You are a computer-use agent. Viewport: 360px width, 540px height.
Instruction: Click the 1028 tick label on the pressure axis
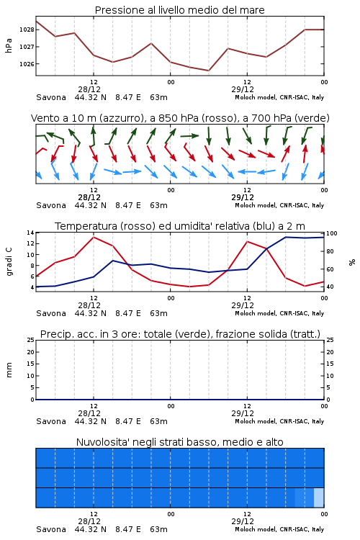tap(27, 30)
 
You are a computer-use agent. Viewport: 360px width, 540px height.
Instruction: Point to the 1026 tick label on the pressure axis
tap(27, 64)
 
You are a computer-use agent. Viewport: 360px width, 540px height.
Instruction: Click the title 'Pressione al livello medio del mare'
tap(180, 10)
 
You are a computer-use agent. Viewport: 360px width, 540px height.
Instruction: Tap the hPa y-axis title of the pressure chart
tap(9, 45)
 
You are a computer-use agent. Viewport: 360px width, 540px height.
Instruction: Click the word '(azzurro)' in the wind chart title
tap(122, 119)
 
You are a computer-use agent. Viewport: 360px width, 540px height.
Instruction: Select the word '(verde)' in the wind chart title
tap(313, 119)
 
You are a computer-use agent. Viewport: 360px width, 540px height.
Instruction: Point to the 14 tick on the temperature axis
tap(31, 233)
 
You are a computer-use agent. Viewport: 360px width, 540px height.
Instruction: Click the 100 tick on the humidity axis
tap(332, 233)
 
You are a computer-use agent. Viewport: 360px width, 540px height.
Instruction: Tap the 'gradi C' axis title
tap(9, 262)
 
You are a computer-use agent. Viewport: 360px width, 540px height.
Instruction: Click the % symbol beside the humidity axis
tap(352, 262)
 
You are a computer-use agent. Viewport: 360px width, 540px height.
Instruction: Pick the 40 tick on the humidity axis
tap(330, 287)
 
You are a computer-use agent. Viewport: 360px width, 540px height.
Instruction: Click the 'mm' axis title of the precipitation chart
tap(9, 370)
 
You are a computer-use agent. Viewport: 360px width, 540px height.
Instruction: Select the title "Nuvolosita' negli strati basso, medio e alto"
tap(180, 442)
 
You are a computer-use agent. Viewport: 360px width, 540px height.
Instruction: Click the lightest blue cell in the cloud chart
tap(319, 498)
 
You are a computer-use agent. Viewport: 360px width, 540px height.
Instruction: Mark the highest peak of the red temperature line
tap(94, 237)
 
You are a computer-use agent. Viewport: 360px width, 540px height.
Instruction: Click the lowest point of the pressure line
tap(209, 71)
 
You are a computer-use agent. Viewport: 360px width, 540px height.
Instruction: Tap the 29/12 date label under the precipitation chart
tap(243, 413)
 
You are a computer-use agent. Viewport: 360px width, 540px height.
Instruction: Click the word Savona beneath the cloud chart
tap(51, 529)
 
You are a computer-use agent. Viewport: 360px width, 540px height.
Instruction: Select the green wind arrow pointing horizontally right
tap(189, 136)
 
